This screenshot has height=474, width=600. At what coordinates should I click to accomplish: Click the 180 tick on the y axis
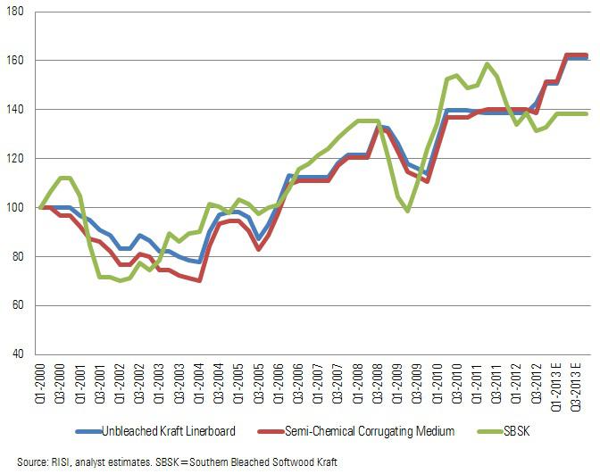point(20,11)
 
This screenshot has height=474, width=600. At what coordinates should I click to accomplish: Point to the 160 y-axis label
point(20,60)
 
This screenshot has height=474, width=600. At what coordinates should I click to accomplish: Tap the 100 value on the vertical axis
point(20,207)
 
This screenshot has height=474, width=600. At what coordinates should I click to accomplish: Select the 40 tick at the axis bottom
point(22,354)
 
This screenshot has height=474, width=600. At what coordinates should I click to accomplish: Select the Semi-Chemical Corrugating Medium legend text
point(371,431)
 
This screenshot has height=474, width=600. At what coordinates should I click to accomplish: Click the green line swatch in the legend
point(494,431)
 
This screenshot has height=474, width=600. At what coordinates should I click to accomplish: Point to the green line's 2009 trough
point(407,211)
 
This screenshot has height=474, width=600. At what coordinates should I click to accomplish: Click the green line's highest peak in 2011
point(487,64)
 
